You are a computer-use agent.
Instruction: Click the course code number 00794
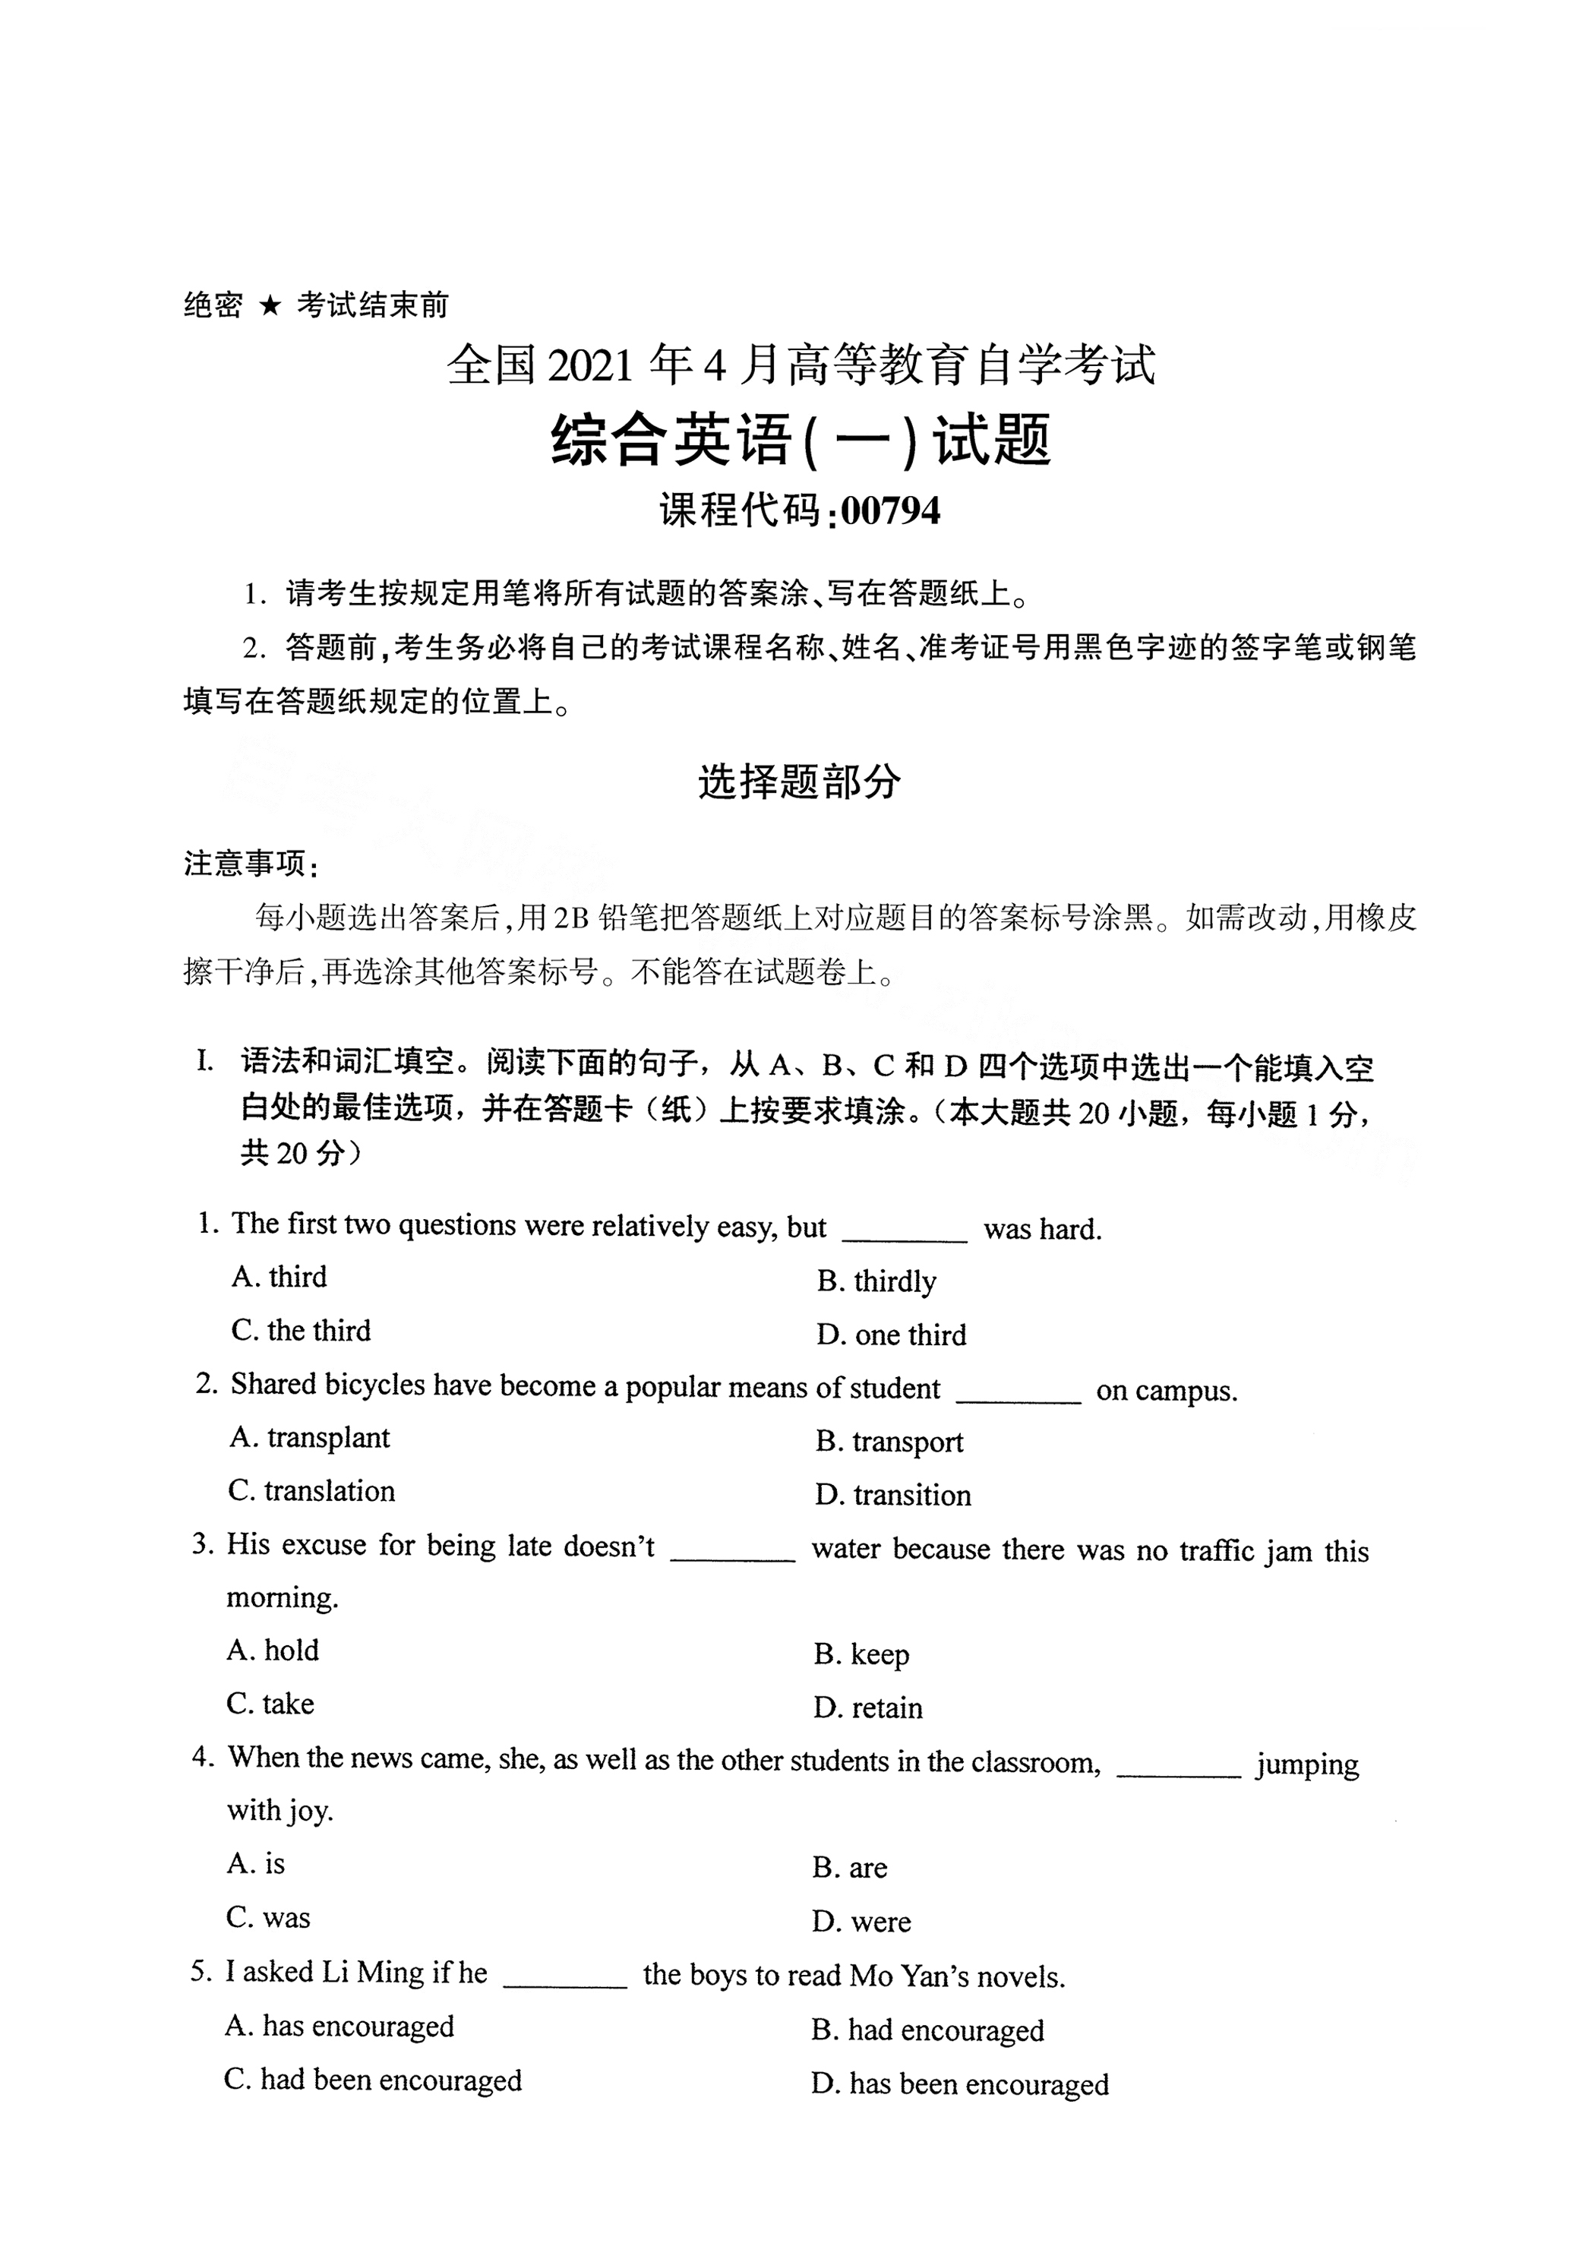(x=890, y=511)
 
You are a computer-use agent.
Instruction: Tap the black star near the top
(x=270, y=307)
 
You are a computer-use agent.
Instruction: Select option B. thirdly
(x=876, y=1281)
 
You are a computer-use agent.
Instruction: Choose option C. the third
(x=301, y=1331)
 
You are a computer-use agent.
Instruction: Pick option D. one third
(x=891, y=1335)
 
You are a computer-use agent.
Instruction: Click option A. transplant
(x=310, y=1438)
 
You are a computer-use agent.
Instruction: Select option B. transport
(x=889, y=1442)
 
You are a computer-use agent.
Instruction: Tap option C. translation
(x=311, y=1491)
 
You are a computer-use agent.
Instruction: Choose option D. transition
(x=893, y=1495)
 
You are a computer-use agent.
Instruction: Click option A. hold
(x=273, y=1650)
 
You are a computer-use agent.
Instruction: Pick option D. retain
(x=867, y=1708)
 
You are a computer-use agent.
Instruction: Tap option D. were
(x=861, y=1922)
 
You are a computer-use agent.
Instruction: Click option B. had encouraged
(x=927, y=2030)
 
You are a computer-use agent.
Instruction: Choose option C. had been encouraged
(x=372, y=2080)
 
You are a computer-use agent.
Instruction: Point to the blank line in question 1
(x=904, y=1239)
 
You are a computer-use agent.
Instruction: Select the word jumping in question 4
(x=1306, y=1765)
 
